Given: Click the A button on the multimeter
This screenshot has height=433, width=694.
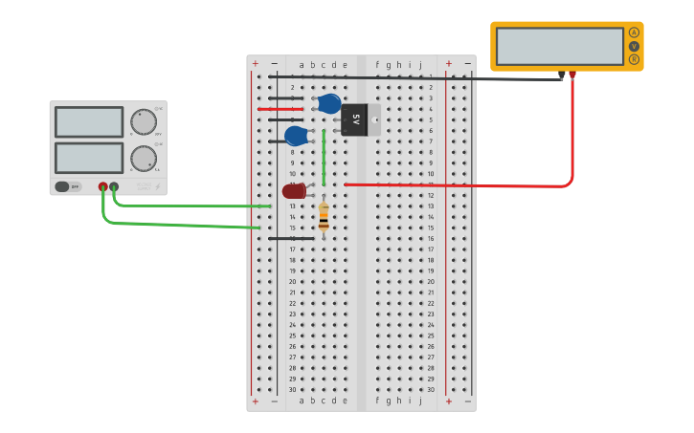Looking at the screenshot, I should tap(634, 32).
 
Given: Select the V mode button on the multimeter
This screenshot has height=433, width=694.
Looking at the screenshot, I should tap(634, 46).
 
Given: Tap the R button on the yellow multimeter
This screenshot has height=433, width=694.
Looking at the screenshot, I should tap(634, 59).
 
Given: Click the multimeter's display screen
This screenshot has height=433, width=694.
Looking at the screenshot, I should tap(560, 46).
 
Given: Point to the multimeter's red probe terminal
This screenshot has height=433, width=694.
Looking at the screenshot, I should tap(572, 74).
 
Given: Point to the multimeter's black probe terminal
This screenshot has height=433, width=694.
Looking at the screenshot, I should tap(561, 75).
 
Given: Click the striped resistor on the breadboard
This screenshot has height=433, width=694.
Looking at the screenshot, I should tap(324, 217).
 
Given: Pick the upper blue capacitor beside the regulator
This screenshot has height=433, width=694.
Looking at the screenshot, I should tap(328, 103).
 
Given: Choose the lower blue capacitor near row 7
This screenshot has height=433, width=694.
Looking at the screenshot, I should tap(296, 136).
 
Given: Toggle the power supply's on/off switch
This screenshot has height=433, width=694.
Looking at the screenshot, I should tap(63, 186).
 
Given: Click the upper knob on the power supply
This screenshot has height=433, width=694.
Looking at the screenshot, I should tap(144, 122).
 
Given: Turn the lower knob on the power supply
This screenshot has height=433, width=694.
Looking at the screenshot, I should tap(144, 159).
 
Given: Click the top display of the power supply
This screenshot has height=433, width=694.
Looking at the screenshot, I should tap(89, 121).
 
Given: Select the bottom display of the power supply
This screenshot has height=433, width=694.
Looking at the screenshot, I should tap(89, 158).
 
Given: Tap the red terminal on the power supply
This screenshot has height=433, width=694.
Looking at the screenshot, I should tap(103, 187).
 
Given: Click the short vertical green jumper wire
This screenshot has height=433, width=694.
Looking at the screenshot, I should tap(324, 158).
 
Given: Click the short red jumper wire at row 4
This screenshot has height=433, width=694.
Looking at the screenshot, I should tap(280, 109).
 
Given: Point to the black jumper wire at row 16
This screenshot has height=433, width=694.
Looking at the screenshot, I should tap(291, 238).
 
